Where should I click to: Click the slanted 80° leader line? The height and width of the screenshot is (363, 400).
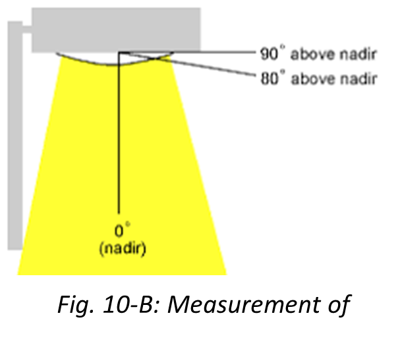click(217, 69)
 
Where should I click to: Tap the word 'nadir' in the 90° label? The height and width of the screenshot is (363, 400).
click(360, 54)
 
